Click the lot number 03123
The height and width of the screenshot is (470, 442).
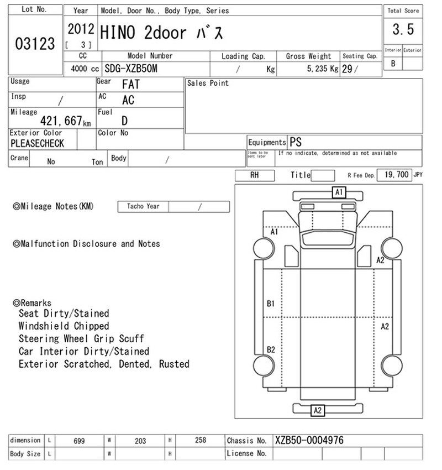(x=35, y=44)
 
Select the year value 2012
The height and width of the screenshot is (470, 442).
(x=81, y=29)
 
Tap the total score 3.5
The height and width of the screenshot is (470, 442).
(x=403, y=29)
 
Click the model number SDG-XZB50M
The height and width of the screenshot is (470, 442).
(x=131, y=69)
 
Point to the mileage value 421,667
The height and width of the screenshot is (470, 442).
(x=61, y=121)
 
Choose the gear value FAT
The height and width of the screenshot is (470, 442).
(x=131, y=84)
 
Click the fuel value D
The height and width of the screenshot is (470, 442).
(x=124, y=121)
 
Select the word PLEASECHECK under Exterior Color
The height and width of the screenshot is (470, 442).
(x=37, y=143)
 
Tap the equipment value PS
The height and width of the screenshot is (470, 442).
(x=296, y=142)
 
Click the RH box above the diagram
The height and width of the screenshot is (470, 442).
(x=255, y=175)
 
